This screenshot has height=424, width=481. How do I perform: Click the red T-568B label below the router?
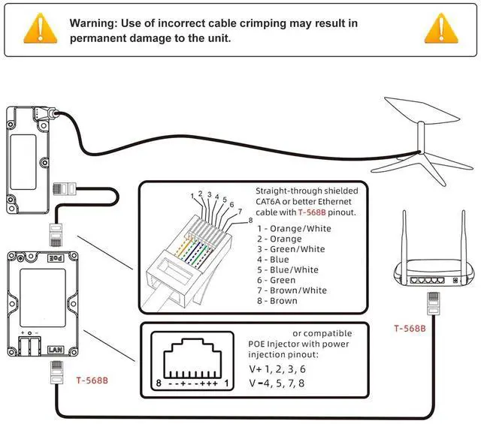click(410, 329)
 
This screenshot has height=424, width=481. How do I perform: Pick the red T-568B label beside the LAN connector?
click(92, 380)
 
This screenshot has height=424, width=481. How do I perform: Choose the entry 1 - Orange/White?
click(294, 227)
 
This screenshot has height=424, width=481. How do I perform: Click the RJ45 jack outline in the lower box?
click(195, 360)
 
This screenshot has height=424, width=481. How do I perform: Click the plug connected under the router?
click(432, 302)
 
